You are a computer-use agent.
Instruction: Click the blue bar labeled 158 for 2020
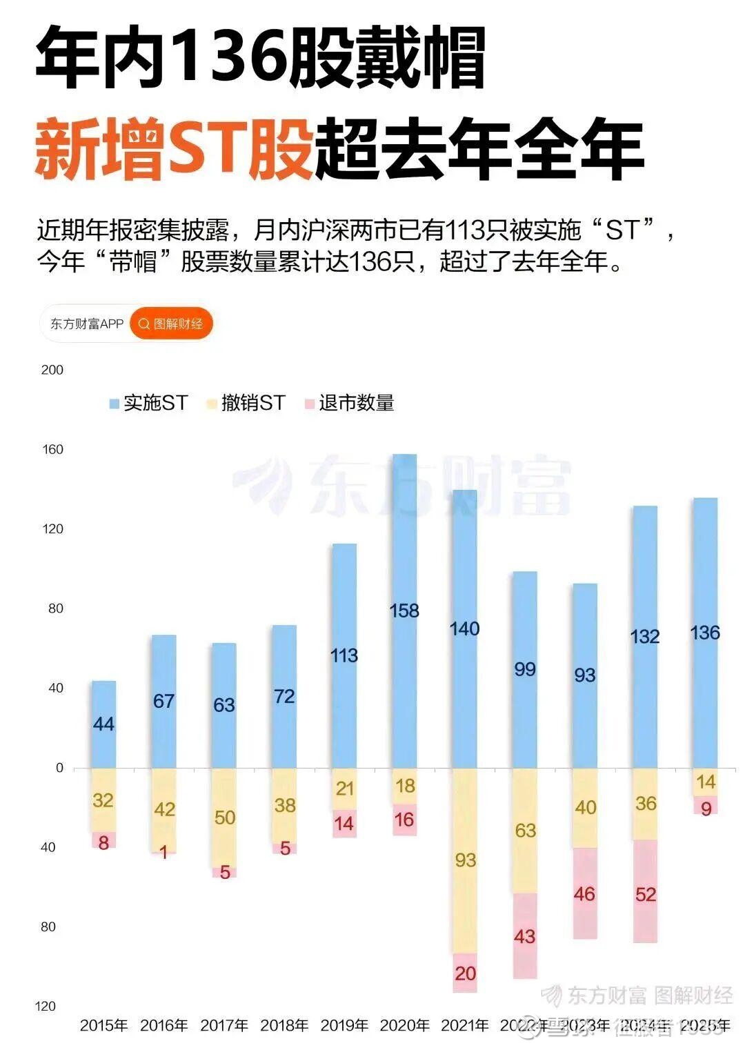(404, 611)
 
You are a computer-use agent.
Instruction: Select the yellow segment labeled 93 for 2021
(465, 860)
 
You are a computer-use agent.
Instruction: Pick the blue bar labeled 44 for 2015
(103, 724)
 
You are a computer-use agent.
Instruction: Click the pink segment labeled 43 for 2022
(525, 935)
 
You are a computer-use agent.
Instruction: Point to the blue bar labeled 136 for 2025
(705, 633)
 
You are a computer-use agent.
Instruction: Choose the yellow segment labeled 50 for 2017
(224, 818)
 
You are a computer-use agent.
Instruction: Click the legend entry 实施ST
(148, 403)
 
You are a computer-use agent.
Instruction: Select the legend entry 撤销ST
(246, 403)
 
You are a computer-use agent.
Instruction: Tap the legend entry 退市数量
(349, 403)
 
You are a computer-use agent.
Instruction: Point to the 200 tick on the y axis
(52, 370)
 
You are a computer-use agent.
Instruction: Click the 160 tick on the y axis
(52, 450)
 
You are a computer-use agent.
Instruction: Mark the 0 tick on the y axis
(59, 768)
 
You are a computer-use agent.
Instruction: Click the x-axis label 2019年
(344, 1025)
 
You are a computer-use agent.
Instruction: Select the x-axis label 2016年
(164, 1025)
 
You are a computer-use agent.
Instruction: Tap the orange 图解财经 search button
(171, 324)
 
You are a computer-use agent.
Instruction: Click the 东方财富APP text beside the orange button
(87, 324)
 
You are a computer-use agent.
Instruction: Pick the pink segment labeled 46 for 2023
(585, 894)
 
